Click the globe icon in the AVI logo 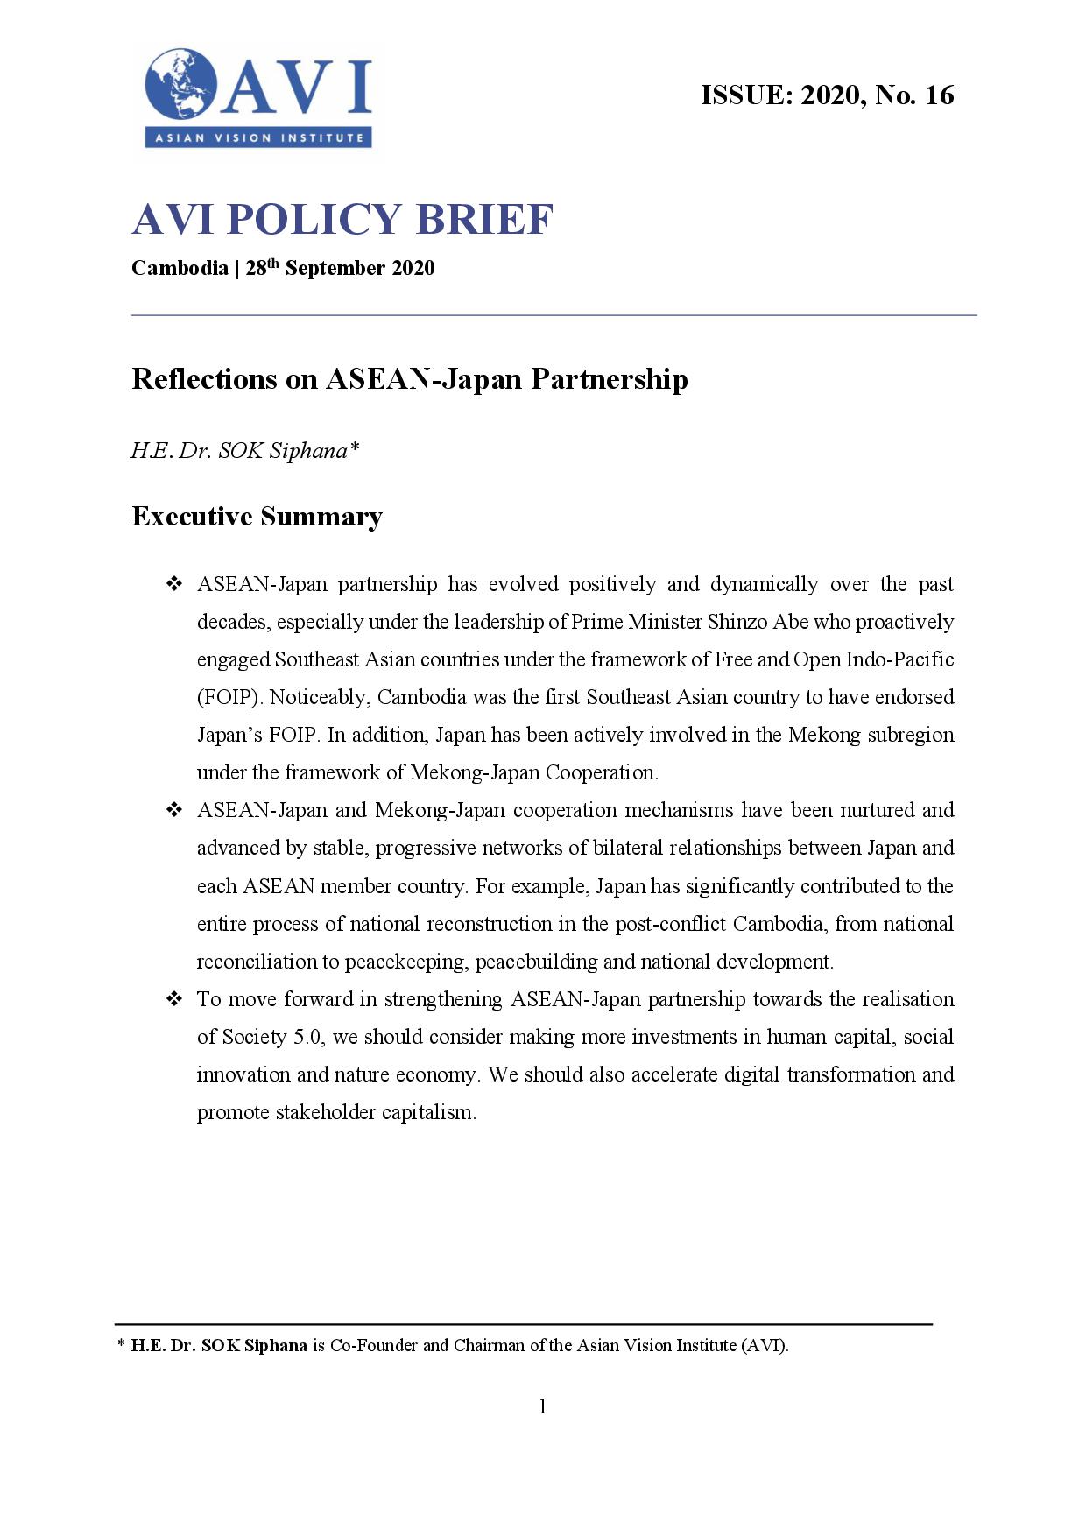click(x=181, y=85)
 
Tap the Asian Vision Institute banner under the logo click(x=258, y=137)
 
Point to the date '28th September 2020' click(x=340, y=268)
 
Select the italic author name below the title click(x=244, y=451)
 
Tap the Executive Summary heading click(x=257, y=517)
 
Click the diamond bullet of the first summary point click(x=173, y=584)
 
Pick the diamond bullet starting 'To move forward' click(x=173, y=999)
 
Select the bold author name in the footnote click(x=219, y=1345)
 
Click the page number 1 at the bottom click(x=543, y=1406)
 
